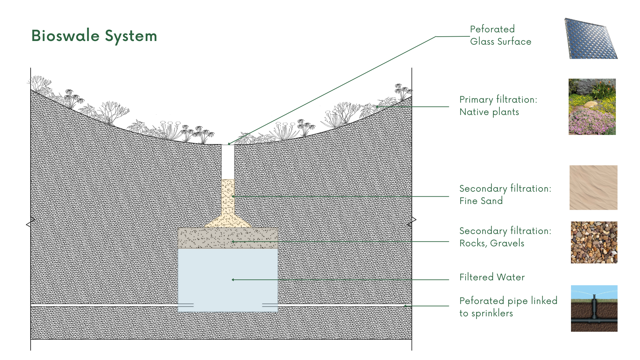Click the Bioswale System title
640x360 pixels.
click(94, 36)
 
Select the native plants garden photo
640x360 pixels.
click(592, 107)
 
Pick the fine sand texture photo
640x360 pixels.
click(593, 187)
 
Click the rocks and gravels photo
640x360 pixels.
click(594, 242)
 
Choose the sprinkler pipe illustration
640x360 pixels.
click(594, 308)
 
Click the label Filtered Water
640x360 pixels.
click(492, 277)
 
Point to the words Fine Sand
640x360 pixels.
click(481, 201)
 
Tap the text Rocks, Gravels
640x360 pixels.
click(492, 243)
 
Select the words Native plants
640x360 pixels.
click(489, 112)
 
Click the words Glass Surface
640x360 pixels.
click(500, 42)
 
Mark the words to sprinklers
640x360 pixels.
click(486, 313)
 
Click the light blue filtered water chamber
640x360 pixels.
click(228, 267)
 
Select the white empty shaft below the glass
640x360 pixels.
click(228, 162)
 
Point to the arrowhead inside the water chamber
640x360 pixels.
click(233, 280)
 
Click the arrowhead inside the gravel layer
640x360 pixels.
click(233, 242)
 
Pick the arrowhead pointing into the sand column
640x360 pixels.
click(233, 196)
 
